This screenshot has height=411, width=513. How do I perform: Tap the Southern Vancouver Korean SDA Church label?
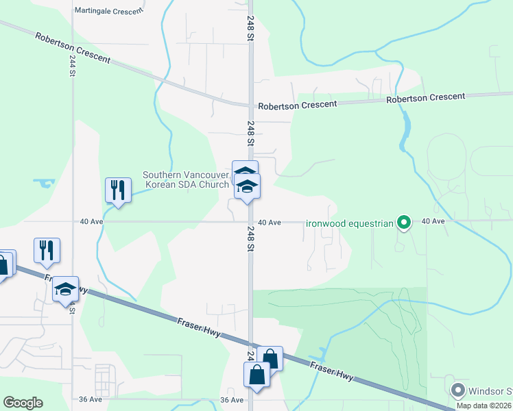[186, 179]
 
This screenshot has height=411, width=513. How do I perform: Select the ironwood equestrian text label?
[349, 223]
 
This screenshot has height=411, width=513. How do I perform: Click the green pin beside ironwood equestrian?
[404, 222]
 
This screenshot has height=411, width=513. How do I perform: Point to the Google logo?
[23, 403]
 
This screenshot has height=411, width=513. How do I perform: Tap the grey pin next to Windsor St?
[457, 391]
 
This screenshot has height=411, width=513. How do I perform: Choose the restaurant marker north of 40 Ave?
[117, 190]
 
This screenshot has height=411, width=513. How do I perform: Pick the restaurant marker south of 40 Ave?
[47, 250]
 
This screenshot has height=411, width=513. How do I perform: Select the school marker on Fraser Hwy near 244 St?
[66, 289]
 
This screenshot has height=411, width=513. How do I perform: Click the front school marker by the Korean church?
[247, 187]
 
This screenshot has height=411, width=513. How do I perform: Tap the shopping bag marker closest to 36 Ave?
[256, 375]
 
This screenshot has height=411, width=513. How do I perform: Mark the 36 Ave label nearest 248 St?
[232, 399]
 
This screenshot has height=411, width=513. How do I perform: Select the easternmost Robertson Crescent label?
[425, 99]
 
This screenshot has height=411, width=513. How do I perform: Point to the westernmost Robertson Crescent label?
[73, 48]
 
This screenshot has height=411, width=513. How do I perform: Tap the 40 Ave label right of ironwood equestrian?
[433, 221]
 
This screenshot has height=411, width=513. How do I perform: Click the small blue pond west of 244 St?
[44, 183]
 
